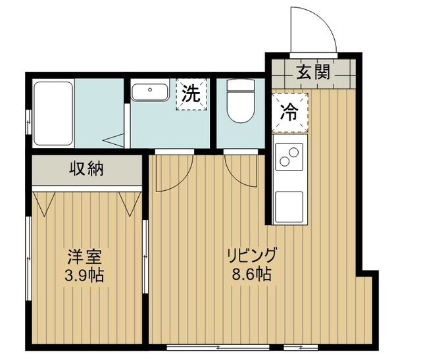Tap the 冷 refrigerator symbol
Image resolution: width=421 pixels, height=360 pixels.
tap(288, 111)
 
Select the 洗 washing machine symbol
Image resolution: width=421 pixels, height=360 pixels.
tap(190, 93)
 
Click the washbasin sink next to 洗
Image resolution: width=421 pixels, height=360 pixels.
tap(151, 91)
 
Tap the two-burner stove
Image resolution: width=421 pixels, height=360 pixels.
tap(288, 157)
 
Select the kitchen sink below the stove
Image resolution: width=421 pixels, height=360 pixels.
tap(288, 206)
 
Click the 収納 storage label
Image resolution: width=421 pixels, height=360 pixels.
tap(87, 169)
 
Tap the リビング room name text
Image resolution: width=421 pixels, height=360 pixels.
tap(252, 254)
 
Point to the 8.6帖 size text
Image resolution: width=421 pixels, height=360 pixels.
tap(252, 272)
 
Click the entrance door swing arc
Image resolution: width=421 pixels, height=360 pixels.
tap(316, 30)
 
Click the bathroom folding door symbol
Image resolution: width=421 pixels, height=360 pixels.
tap(116, 139)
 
